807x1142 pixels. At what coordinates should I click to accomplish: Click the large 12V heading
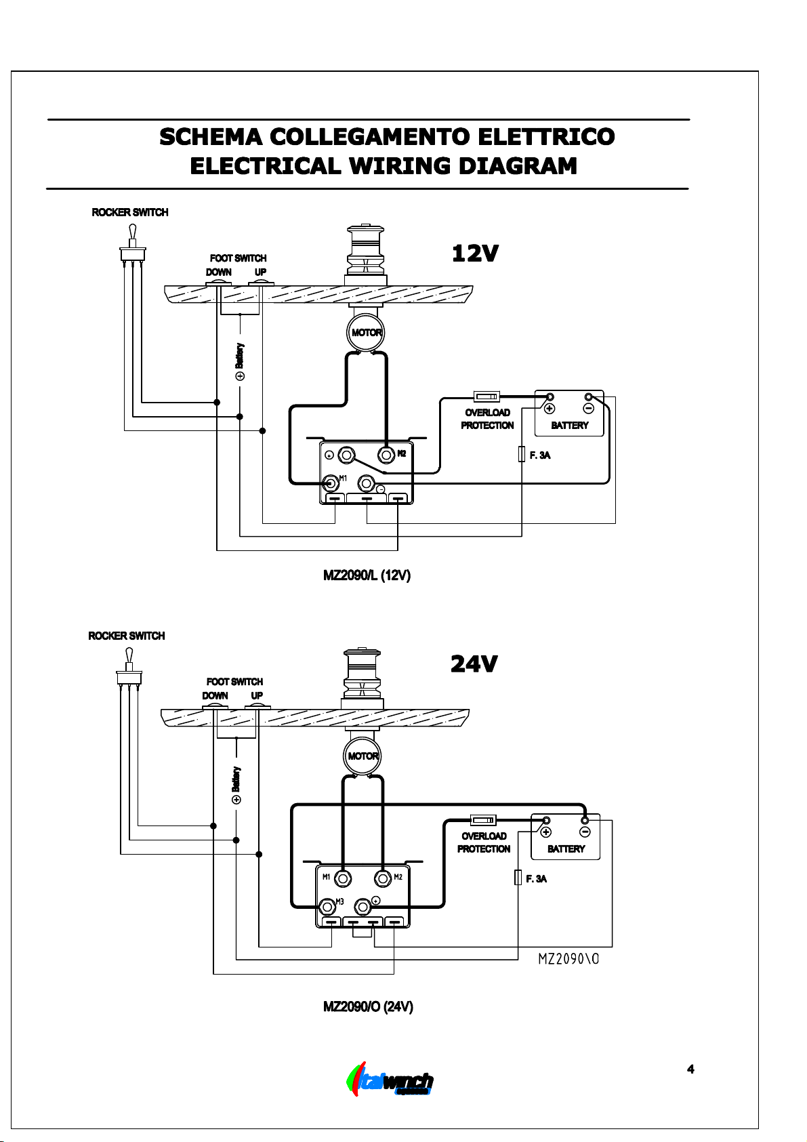[475, 253]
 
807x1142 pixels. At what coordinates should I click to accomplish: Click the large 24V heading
[474, 664]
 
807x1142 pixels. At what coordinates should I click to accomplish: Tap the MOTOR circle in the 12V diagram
[365, 332]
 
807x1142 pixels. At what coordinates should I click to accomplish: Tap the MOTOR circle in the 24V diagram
[362, 756]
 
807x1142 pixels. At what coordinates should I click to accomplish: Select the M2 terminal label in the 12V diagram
[402, 453]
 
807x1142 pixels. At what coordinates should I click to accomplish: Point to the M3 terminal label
[339, 901]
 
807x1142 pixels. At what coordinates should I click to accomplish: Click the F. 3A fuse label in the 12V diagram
[540, 455]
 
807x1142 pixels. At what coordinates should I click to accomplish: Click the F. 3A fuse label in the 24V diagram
[536, 879]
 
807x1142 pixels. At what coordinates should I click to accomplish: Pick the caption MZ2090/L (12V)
[367, 575]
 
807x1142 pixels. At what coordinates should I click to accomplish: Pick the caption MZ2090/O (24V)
[368, 1007]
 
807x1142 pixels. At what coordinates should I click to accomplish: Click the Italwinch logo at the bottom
[390, 1079]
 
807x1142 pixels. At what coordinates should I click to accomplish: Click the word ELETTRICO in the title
[546, 137]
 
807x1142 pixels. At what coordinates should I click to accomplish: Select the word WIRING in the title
[400, 166]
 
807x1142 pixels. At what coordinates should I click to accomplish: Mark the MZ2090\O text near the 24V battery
[568, 959]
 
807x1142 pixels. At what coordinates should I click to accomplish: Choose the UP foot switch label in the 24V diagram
[257, 695]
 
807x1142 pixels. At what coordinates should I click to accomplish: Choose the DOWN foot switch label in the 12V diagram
[219, 272]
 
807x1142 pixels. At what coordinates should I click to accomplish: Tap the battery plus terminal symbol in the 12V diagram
[550, 409]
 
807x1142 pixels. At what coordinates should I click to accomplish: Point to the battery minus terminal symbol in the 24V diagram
[585, 832]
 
